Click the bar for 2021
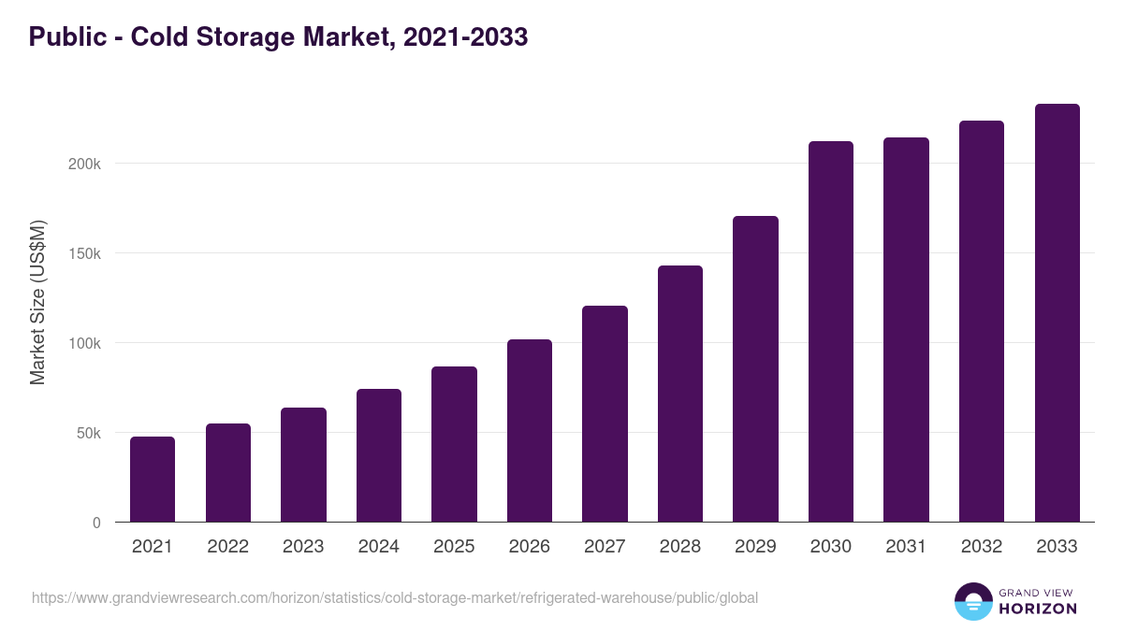pyautogui.click(x=153, y=480)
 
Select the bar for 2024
pyautogui.click(x=379, y=455)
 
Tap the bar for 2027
pyautogui.click(x=605, y=414)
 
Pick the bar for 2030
pyautogui.click(x=831, y=332)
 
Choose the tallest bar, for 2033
pyautogui.click(x=1057, y=313)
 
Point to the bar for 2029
pyautogui.click(x=755, y=369)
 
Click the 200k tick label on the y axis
pyautogui.click(x=83, y=164)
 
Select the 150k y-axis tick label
pyautogui.click(x=83, y=253)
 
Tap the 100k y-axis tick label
pyautogui.click(x=83, y=343)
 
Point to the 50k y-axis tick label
pyautogui.click(x=87, y=433)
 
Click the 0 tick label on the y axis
pyautogui.click(x=96, y=523)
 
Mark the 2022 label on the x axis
pyautogui.click(x=228, y=547)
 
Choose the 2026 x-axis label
pyautogui.click(x=530, y=547)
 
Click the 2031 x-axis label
pyautogui.click(x=906, y=547)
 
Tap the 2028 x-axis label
pyautogui.click(x=680, y=547)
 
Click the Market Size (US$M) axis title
pyautogui.click(x=37, y=302)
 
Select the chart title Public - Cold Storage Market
pyautogui.click(x=278, y=36)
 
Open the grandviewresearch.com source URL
pyautogui.click(x=394, y=597)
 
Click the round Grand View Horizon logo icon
pyautogui.click(x=972, y=601)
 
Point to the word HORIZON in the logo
pyautogui.click(x=1037, y=609)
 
